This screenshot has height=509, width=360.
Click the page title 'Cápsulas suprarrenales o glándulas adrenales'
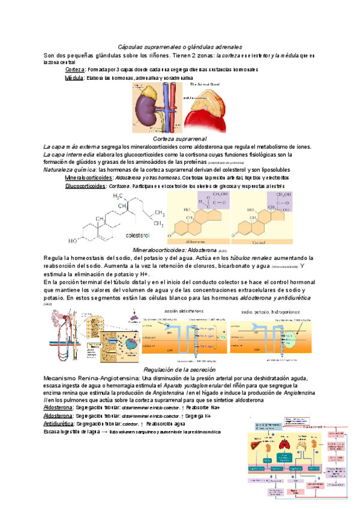pos(180,46)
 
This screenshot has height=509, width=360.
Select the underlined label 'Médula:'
pos(74,78)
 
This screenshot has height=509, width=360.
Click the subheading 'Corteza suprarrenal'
pos(180,139)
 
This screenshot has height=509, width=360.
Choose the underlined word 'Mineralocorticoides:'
pos(88,178)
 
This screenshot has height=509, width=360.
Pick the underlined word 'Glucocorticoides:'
pos(86,186)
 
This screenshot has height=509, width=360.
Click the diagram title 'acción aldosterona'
pos(182,312)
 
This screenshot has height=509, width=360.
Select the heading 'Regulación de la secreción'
pos(180,369)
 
